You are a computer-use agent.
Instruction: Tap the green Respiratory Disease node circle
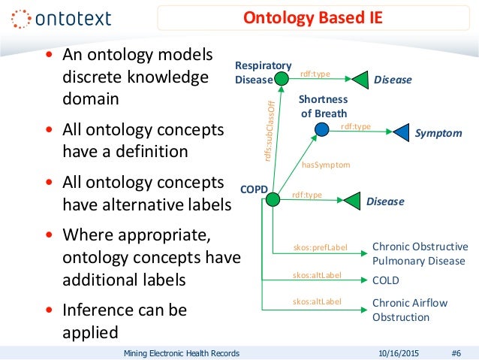click(x=282, y=78)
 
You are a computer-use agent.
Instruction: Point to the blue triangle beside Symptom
click(x=399, y=132)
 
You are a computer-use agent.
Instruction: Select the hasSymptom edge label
click(x=326, y=163)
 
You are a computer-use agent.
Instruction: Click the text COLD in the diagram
click(x=386, y=280)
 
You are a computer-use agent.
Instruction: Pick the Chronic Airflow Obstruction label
click(x=410, y=310)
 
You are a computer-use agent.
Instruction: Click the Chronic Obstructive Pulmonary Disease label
click(x=420, y=254)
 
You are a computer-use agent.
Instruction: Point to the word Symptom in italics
click(x=438, y=133)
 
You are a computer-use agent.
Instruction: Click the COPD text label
click(x=254, y=189)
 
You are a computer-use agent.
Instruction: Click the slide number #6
click(x=456, y=352)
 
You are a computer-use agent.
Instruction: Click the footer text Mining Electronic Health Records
click(x=181, y=352)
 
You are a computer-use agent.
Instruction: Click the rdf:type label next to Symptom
click(x=356, y=126)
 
